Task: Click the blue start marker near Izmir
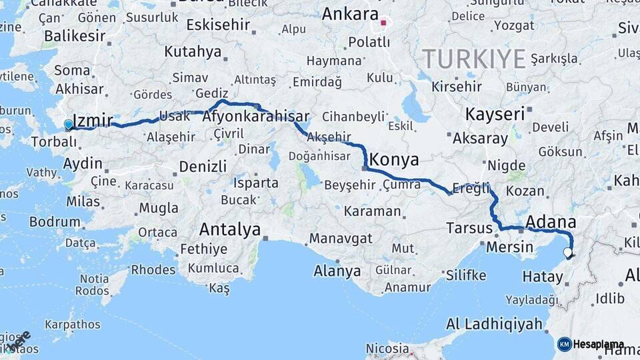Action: tap(68, 124)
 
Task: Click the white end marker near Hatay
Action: tap(567, 253)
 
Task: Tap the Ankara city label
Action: tap(350, 14)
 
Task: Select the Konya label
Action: tap(394, 160)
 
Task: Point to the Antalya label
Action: tap(230, 230)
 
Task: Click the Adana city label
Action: tap(551, 221)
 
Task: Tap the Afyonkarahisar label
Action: tap(256, 117)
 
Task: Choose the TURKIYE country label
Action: tap(474, 59)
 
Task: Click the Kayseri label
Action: tap(495, 114)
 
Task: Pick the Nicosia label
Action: tap(387, 349)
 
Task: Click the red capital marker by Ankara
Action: tap(383, 23)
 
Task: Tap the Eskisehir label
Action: tap(218, 25)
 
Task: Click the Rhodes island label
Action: tap(153, 270)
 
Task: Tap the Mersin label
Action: tap(511, 247)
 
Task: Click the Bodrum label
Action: tap(55, 222)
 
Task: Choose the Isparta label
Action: tap(256, 183)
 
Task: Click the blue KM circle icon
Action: tap(564, 345)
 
